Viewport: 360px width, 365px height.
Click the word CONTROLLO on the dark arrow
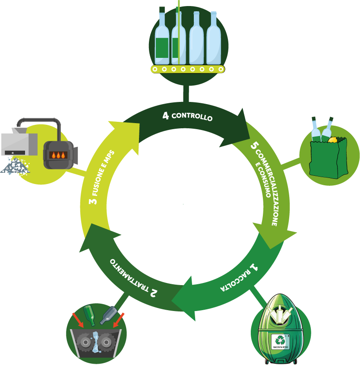(x=192, y=116)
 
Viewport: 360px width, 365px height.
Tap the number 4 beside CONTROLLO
(x=165, y=116)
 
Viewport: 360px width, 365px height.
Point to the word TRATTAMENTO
(x=129, y=275)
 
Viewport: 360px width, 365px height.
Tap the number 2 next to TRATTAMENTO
(x=154, y=293)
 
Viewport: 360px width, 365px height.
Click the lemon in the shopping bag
(x=332, y=140)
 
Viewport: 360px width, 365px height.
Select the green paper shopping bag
(x=328, y=159)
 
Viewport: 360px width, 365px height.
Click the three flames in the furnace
(x=58, y=155)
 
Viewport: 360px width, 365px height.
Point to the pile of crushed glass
(x=15, y=166)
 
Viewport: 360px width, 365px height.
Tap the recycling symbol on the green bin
(x=280, y=340)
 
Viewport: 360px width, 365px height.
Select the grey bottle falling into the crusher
(x=108, y=315)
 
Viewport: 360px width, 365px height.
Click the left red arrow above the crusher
(x=78, y=321)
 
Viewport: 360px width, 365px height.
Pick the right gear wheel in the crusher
(x=106, y=342)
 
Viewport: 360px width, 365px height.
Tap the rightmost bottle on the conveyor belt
(x=214, y=38)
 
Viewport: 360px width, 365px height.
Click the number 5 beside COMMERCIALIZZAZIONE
(x=254, y=146)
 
